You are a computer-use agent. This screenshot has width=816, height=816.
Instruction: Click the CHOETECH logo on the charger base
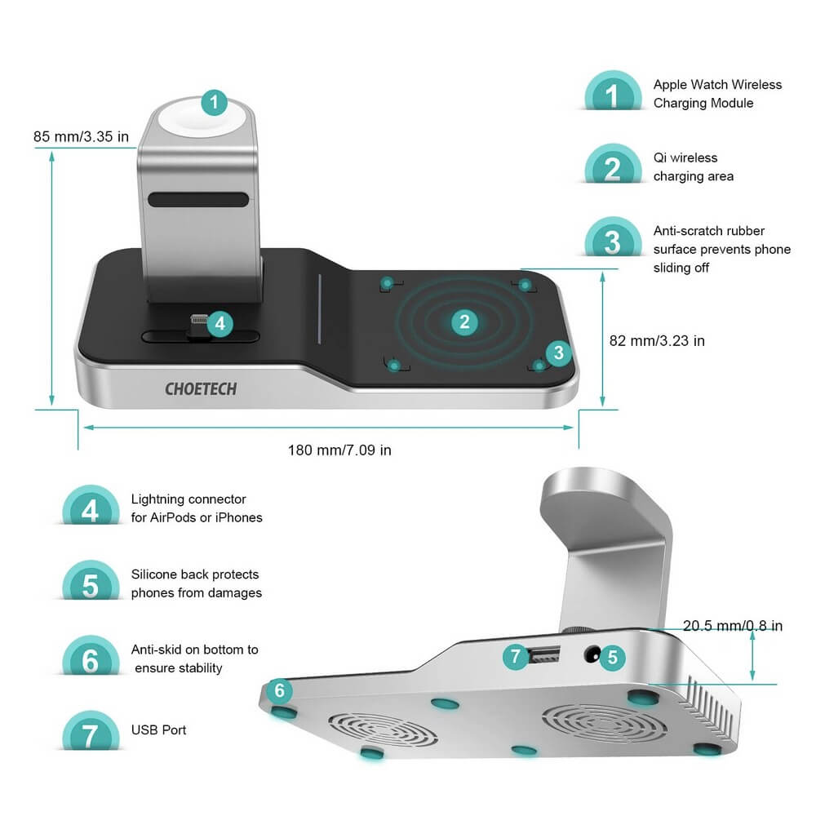[x=201, y=388]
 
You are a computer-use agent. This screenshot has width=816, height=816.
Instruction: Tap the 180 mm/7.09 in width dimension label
[x=339, y=450]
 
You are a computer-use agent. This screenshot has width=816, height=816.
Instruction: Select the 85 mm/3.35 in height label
[x=82, y=135]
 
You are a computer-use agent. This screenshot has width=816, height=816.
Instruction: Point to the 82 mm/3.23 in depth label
[x=656, y=340]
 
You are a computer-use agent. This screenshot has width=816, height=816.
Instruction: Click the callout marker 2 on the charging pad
[x=464, y=322]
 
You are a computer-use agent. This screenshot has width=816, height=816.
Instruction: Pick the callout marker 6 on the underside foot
[x=279, y=691]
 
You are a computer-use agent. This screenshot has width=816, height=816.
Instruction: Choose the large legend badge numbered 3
[x=613, y=242]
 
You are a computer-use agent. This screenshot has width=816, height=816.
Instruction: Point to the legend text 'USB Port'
[x=158, y=730]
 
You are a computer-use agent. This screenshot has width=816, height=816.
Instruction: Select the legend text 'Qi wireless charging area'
[x=693, y=166]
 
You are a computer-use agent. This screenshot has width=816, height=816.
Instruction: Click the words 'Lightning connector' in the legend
[x=188, y=499]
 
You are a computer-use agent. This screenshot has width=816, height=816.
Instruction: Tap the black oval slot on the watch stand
[x=198, y=201]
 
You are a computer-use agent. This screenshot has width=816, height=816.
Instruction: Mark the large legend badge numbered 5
[x=90, y=585]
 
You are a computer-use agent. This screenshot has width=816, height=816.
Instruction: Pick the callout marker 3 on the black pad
[x=557, y=353]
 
